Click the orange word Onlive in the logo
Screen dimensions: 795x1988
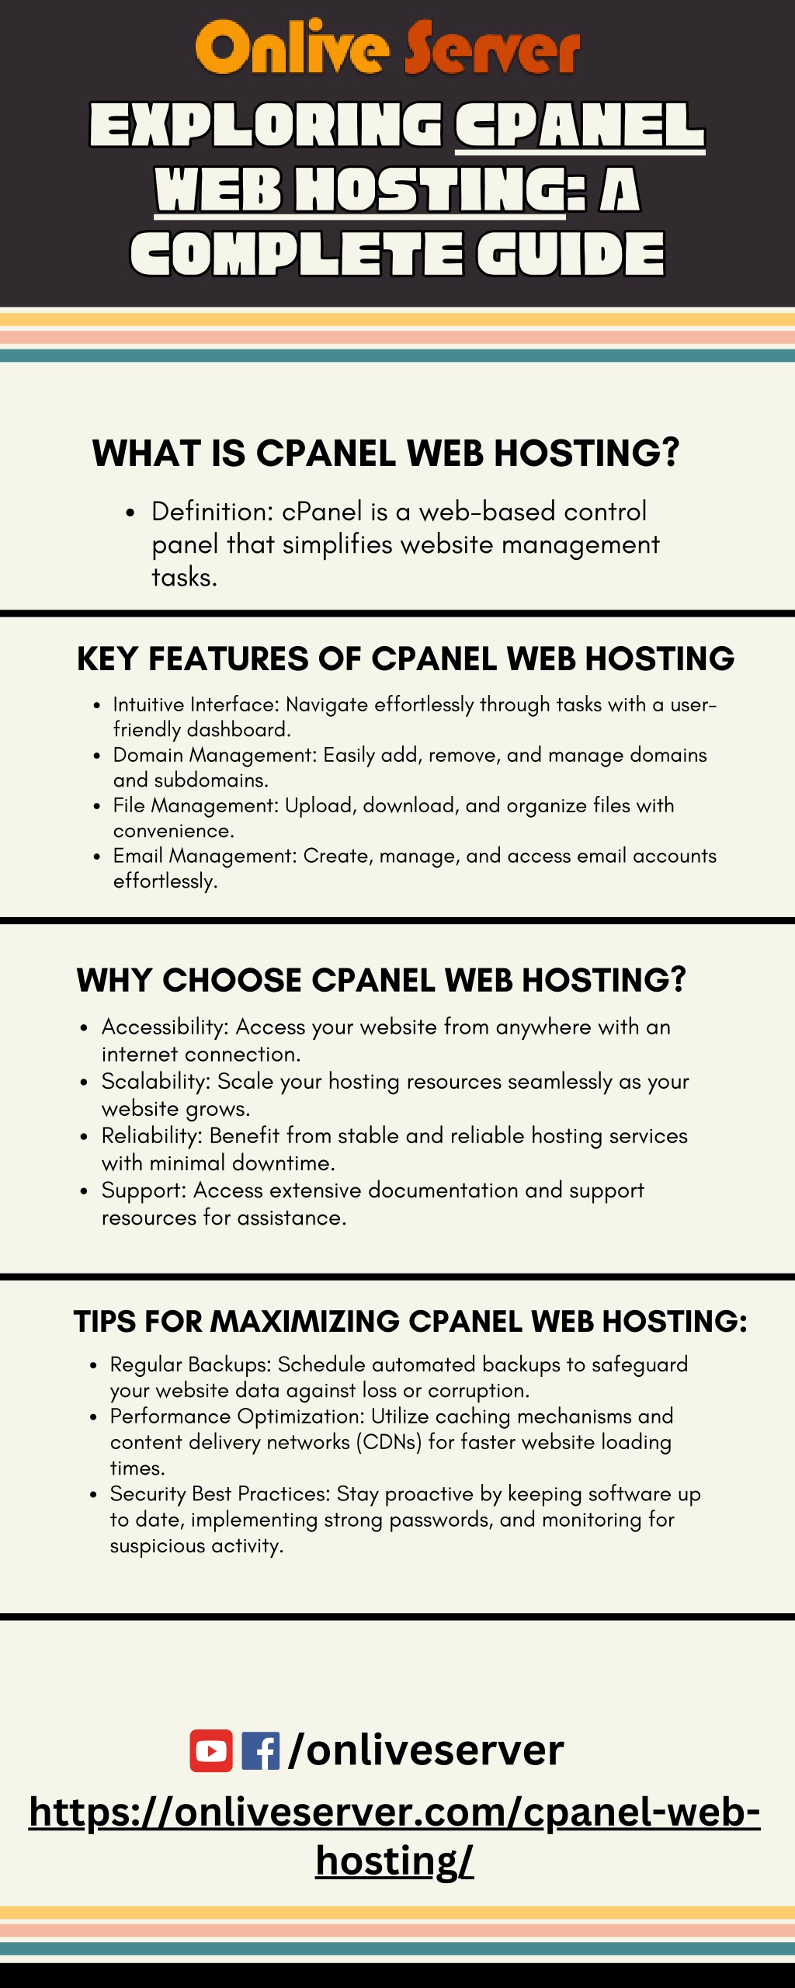point(292,47)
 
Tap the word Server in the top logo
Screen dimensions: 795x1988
point(491,50)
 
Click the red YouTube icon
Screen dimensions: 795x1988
point(211,1751)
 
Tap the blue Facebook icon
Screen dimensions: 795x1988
point(261,1751)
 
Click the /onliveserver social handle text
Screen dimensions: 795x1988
point(425,1750)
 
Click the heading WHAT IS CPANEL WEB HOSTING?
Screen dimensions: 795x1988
point(386,453)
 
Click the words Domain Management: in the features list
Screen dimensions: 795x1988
point(215,755)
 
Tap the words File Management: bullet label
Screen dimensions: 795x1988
point(196,805)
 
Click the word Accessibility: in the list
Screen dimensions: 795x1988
point(165,1027)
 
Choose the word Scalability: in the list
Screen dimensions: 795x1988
point(156,1081)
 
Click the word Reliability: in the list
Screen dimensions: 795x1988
point(152,1135)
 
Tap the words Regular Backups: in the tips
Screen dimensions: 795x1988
point(191,1364)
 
